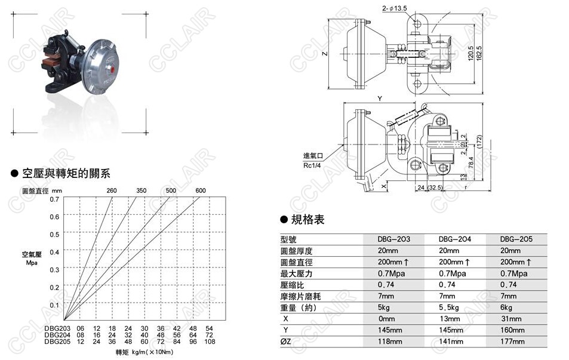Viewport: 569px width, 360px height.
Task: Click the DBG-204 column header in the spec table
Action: [x=456, y=239]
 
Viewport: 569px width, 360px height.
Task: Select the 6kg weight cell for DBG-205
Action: [x=506, y=307]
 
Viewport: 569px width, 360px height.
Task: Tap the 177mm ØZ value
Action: [x=513, y=341]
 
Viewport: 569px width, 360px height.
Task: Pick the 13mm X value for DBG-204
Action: [x=450, y=319]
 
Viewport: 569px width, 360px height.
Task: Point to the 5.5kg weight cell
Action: [x=450, y=307]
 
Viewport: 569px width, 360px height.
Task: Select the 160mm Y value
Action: [x=513, y=330]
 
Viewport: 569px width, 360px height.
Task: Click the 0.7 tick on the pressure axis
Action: [x=54, y=199]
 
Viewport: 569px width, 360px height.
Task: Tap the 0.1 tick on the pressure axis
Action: [x=54, y=305]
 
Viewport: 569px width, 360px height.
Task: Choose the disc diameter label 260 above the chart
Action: [x=112, y=190]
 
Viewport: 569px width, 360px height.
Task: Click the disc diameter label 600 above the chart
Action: [x=201, y=190]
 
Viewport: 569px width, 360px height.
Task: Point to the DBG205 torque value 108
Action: [x=209, y=341]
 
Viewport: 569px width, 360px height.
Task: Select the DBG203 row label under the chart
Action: [x=57, y=328]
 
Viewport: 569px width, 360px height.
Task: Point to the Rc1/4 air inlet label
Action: [x=312, y=165]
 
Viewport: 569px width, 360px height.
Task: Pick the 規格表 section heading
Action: [x=307, y=220]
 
